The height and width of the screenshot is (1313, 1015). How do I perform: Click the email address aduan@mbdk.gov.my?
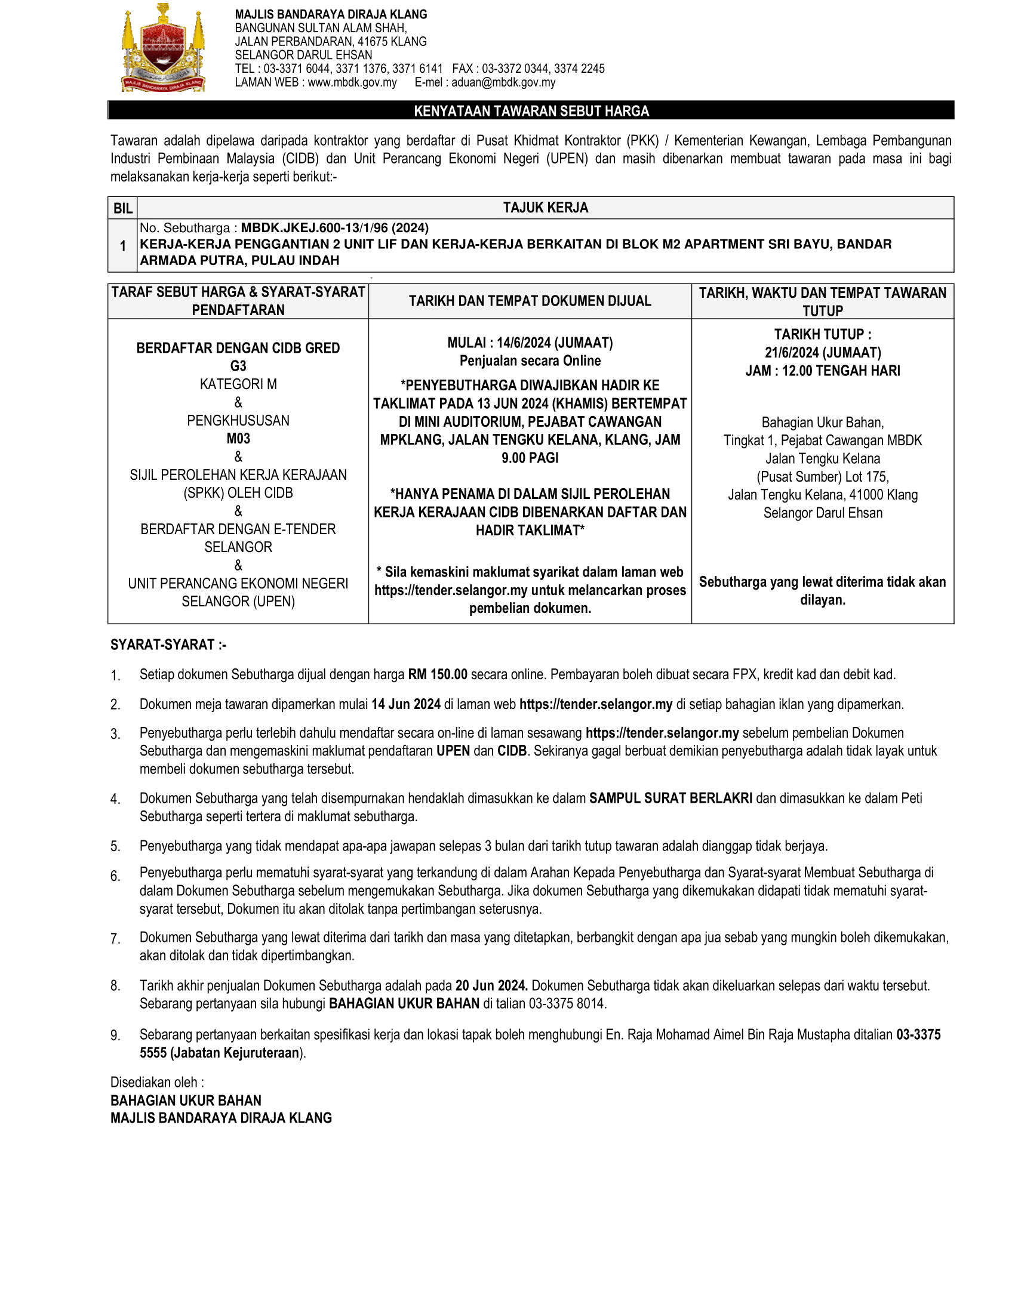point(503,82)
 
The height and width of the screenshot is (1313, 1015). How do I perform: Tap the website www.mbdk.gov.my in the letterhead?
point(352,82)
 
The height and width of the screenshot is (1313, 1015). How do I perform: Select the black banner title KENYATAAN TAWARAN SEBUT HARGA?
point(531,111)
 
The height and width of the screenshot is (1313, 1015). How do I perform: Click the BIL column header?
point(122,208)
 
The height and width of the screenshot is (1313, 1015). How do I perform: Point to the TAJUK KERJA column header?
point(545,208)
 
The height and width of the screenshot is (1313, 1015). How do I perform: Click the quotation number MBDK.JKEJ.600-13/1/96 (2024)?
point(335,228)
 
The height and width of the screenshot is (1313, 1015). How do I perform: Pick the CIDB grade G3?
point(238,366)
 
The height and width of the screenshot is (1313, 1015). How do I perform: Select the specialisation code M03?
point(238,438)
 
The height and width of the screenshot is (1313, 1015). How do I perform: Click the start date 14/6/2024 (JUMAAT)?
point(555,343)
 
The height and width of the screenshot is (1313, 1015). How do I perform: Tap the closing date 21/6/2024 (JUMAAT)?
point(823,352)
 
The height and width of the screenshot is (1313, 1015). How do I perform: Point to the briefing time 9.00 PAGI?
point(530,458)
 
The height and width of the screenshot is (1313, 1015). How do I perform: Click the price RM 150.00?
point(437,674)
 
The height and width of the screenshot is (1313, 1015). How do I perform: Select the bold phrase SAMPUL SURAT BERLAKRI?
point(670,799)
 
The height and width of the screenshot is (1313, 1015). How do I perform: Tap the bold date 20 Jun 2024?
point(491,985)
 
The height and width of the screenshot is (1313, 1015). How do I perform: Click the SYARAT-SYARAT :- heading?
point(168,645)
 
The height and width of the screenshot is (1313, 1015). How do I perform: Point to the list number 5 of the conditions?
point(115,846)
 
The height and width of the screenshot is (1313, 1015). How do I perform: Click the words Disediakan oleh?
point(156,1082)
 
